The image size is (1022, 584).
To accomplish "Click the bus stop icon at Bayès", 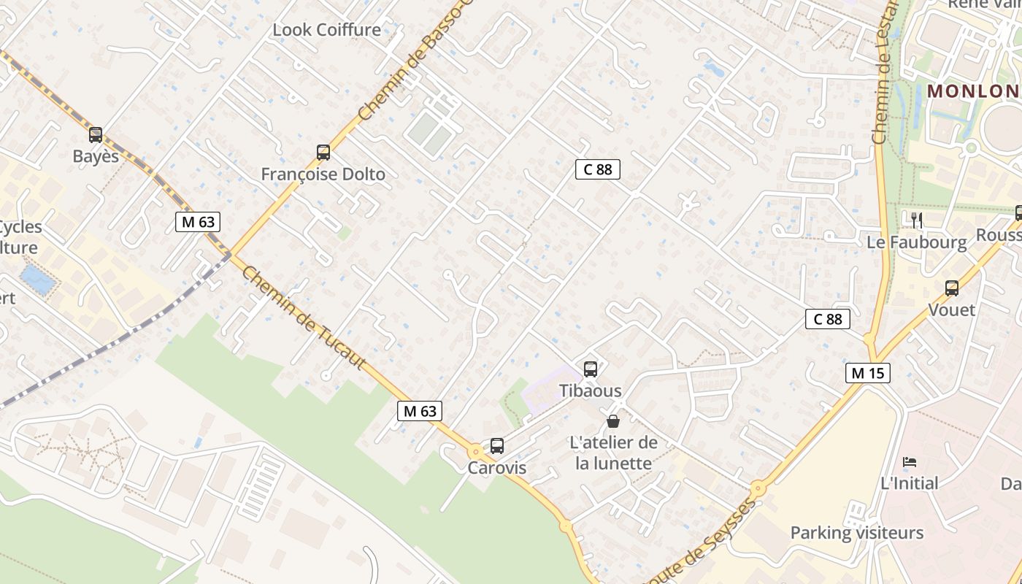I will (96, 135).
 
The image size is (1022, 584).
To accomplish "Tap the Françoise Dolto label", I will (323, 174).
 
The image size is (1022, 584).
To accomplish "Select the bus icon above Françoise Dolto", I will (323, 153).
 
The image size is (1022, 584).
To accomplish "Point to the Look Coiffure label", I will (326, 30).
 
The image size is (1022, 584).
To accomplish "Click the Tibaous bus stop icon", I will (591, 369).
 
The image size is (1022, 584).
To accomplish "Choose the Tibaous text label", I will (591, 391).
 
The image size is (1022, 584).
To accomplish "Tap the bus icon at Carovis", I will (497, 445).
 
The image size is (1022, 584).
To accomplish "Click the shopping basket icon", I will (613, 421).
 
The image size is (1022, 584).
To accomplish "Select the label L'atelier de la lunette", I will (613, 453).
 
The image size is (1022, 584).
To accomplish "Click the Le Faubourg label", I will (917, 242).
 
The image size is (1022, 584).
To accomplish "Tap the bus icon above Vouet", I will (952, 288).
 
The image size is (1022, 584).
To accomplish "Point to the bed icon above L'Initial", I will (910, 461).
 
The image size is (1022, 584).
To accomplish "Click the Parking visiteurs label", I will (857, 533).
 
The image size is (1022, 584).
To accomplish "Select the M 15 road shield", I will (868, 373).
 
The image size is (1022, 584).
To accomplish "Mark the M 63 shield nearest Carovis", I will (420, 411).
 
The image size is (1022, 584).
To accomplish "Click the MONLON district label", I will (973, 91).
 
